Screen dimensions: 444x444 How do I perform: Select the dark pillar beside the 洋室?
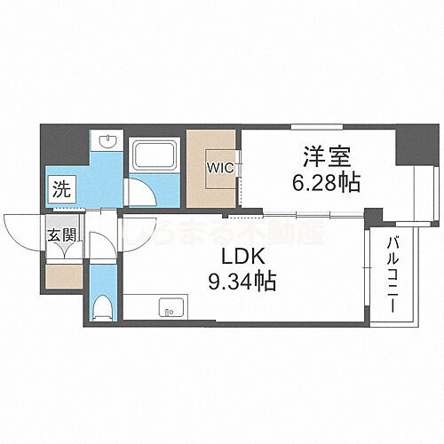[x=411, y=146]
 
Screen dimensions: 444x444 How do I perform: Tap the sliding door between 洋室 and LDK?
[x=302, y=214]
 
